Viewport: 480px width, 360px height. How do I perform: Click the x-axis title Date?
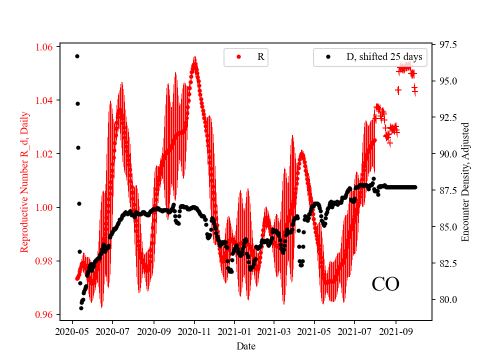click(246, 345)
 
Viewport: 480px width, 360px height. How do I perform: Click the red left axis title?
click(24, 182)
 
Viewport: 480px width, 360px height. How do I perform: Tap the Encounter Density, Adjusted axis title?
click(465, 182)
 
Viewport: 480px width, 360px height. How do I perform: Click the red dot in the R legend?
click(238, 57)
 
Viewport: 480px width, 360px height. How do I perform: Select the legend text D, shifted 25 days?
click(384, 57)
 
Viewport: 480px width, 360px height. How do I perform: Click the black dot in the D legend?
click(328, 57)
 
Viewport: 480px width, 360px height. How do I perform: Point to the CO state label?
click(385, 284)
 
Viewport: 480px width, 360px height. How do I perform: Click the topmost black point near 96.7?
click(77, 56)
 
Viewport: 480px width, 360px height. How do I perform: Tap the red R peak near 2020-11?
click(194, 64)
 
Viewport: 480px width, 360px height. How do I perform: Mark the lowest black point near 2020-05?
click(81, 308)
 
